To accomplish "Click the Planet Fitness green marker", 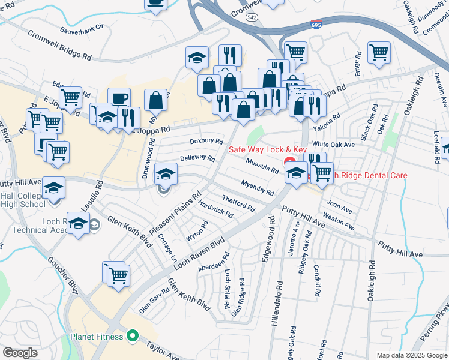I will pos(133,336).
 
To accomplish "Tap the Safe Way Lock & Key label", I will pos(268,149).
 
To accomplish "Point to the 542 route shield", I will pos(252,18).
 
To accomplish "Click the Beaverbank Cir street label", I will pos(82,28).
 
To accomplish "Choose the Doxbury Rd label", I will pos(206,140).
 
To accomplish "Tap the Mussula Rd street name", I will pos(262,165).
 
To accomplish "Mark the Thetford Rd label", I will pos(238,203).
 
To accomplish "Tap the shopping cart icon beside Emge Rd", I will pos(379,53).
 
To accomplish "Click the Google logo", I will pos(20,353).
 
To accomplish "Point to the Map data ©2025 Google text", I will pos(411,355).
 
